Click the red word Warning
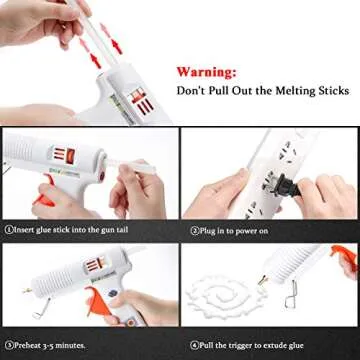point(207,73)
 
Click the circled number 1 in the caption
point(7,228)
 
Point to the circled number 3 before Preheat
point(7,345)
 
